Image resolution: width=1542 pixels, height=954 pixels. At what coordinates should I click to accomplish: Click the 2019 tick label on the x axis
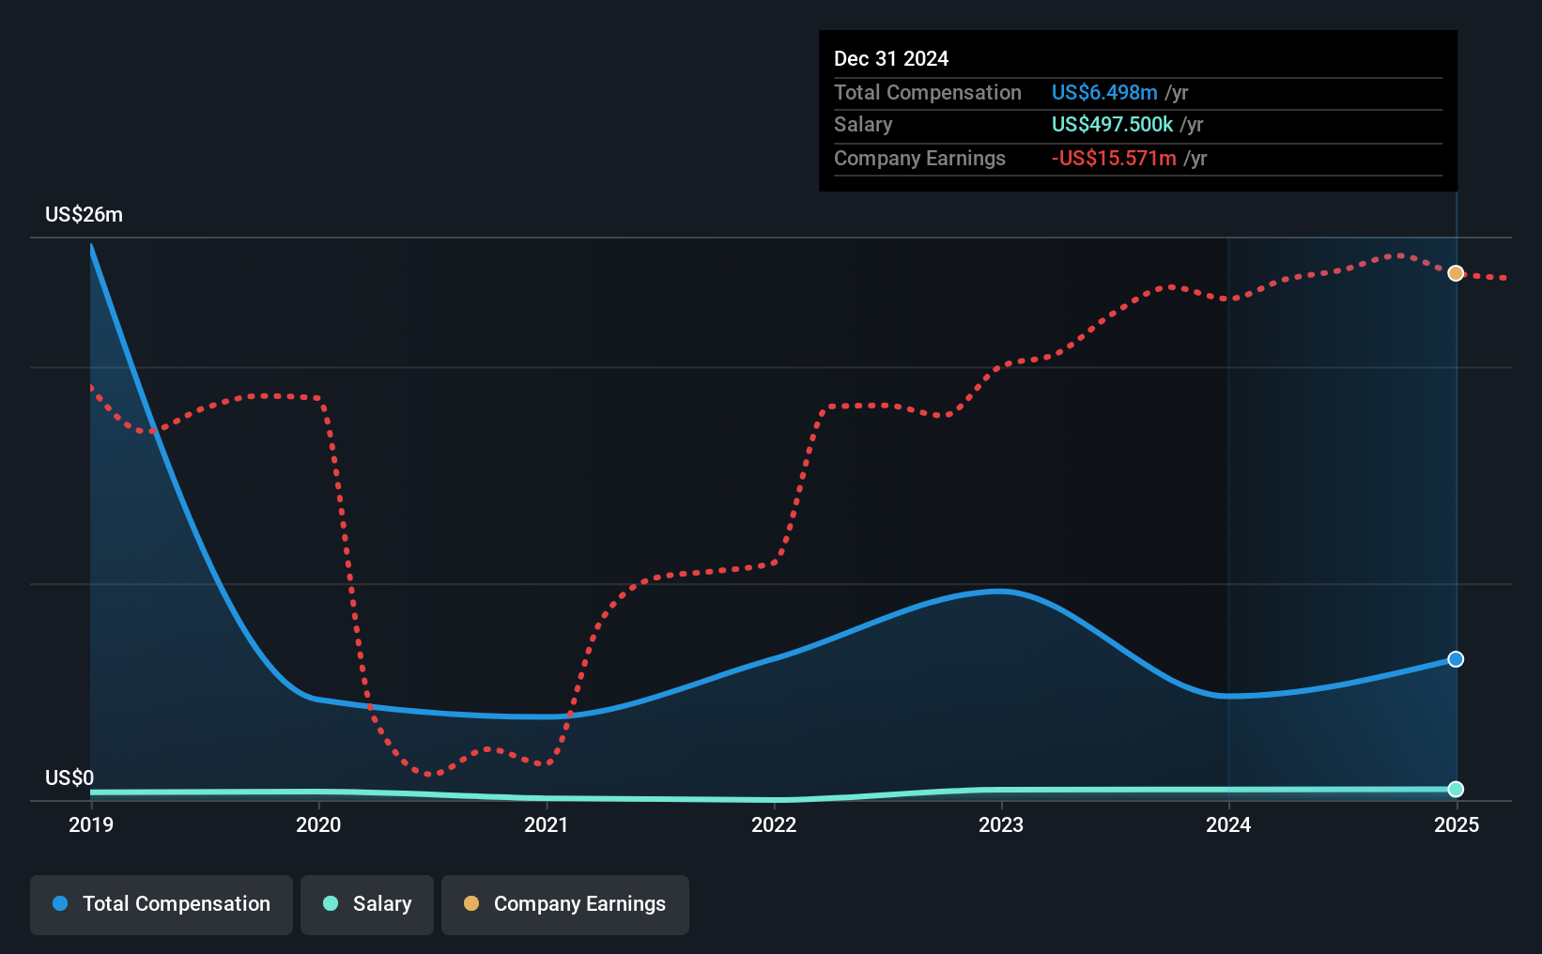[x=91, y=824]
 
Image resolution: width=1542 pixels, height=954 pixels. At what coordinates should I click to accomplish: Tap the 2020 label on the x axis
[x=318, y=824]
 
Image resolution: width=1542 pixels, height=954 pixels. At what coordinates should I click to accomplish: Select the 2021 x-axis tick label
[x=546, y=824]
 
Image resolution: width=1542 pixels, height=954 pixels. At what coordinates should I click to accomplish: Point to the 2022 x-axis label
[x=774, y=824]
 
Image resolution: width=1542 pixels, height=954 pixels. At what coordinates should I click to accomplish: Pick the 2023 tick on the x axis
[x=1001, y=824]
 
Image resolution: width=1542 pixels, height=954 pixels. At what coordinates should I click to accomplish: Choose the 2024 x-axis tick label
[x=1228, y=824]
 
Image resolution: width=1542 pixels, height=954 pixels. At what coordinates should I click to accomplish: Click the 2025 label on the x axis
[x=1456, y=824]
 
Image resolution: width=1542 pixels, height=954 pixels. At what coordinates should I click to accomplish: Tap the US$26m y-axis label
[x=84, y=215]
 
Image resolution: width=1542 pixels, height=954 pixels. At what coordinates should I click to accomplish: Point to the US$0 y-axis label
[x=69, y=777]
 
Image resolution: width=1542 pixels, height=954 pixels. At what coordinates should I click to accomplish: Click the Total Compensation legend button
[x=162, y=904]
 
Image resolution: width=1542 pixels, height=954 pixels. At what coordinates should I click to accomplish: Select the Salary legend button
[x=367, y=904]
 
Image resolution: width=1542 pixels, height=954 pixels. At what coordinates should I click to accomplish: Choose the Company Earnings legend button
[x=565, y=904]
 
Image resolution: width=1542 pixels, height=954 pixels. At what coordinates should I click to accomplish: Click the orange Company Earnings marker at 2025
[x=1456, y=273]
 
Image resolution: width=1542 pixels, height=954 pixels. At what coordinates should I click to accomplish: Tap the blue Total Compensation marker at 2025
[x=1456, y=659]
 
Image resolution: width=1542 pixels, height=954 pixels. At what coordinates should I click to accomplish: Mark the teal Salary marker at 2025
[x=1456, y=789]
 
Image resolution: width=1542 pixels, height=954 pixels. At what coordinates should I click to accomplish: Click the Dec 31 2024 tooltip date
[x=891, y=59]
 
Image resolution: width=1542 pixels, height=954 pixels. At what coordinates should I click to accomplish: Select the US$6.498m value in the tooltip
[x=1104, y=92]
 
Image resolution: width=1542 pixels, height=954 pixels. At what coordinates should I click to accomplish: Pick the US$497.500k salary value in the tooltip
[x=1112, y=125]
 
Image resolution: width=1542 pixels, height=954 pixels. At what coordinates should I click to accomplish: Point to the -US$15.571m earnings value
[x=1113, y=159]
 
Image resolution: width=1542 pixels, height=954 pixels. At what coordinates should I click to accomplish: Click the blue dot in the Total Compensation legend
[x=61, y=903]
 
